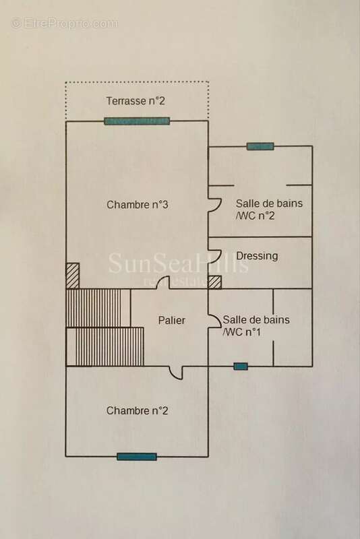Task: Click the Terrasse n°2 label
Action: [x=136, y=101]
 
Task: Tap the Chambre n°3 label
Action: [x=138, y=205]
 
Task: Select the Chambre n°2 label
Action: [x=138, y=411]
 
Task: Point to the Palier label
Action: [x=172, y=321]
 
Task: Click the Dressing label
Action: [x=258, y=256]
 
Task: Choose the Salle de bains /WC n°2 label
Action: [x=269, y=210]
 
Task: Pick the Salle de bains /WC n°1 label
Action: [x=256, y=325]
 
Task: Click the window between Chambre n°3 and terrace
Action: [x=137, y=121]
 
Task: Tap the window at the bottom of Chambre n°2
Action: [x=137, y=457]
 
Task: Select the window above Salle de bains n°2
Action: [x=260, y=146]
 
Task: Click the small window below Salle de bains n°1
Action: [x=241, y=367]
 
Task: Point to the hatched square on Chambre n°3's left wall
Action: [x=73, y=276]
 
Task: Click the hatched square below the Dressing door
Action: [x=215, y=282]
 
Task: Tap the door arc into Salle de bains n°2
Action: [x=216, y=205]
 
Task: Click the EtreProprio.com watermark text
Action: [x=64, y=24]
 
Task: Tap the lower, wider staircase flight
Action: [x=105, y=346]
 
